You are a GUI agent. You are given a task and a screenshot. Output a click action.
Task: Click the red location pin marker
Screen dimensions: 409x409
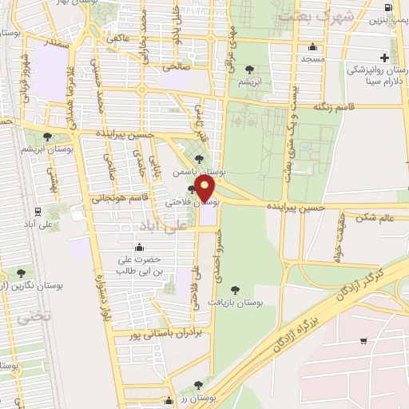[x=204, y=188]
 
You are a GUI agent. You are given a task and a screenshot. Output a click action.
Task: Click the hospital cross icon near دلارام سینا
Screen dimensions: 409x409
[x=384, y=58]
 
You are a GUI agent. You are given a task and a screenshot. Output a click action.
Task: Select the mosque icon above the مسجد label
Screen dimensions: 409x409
[x=312, y=47]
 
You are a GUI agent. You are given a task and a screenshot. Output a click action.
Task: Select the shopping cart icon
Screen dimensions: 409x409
[x=363, y=341]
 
